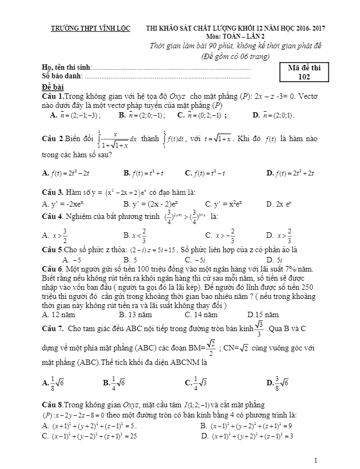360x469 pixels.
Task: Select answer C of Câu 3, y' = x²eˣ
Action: pyautogui.click(x=225, y=204)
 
